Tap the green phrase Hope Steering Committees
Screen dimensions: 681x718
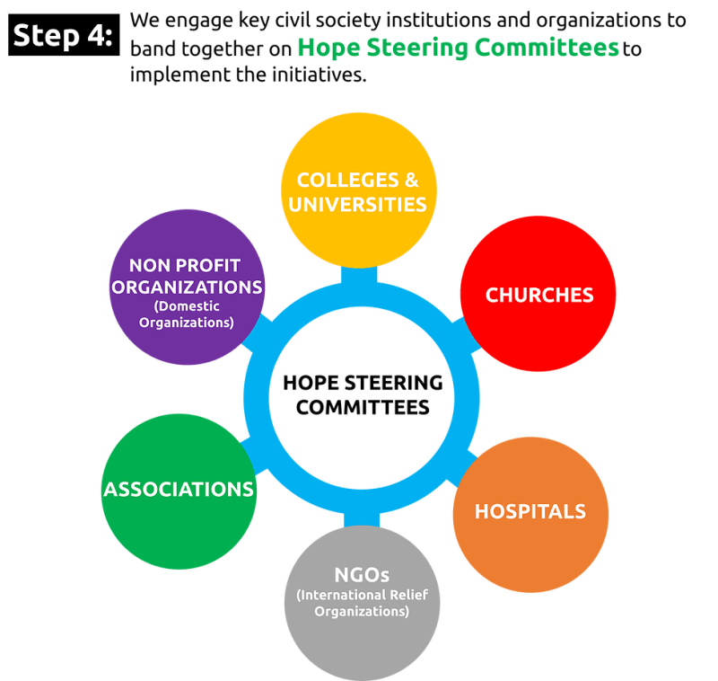coord(458,49)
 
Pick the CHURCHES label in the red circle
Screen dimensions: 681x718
coord(538,295)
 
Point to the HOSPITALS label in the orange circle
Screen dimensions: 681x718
coord(530,511)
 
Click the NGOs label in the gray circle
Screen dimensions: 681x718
coord(362,574)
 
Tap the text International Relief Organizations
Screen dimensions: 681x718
coord(362,603)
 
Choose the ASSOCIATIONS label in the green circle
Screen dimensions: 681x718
coord(179,490)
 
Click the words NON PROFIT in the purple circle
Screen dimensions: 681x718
coord(187,265)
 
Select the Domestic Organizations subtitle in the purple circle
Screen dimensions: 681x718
coord(187,314)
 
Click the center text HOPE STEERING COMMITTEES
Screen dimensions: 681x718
coord(362,394)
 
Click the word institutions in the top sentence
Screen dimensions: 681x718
coord(381,21)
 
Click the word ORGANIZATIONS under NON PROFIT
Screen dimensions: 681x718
coord(187,287)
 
